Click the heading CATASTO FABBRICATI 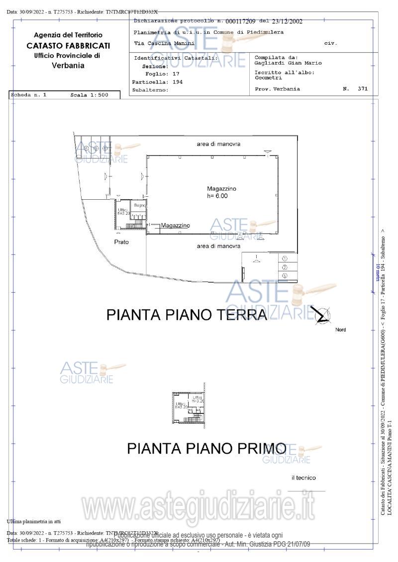(68, 46)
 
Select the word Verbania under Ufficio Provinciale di (68, 66)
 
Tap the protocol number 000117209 (240, 21)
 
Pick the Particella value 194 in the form (177, 82)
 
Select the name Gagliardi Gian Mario (288, 63)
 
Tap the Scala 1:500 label (89, 94)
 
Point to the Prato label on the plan (121, 242)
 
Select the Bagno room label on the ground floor (139, 205)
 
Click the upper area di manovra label (218, 144)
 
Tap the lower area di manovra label (218, 246)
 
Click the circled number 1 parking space (285, 258)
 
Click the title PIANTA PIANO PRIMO (206, 448)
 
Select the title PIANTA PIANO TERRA (187, 315)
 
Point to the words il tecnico (303, 478)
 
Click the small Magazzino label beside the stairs (175, 226)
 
